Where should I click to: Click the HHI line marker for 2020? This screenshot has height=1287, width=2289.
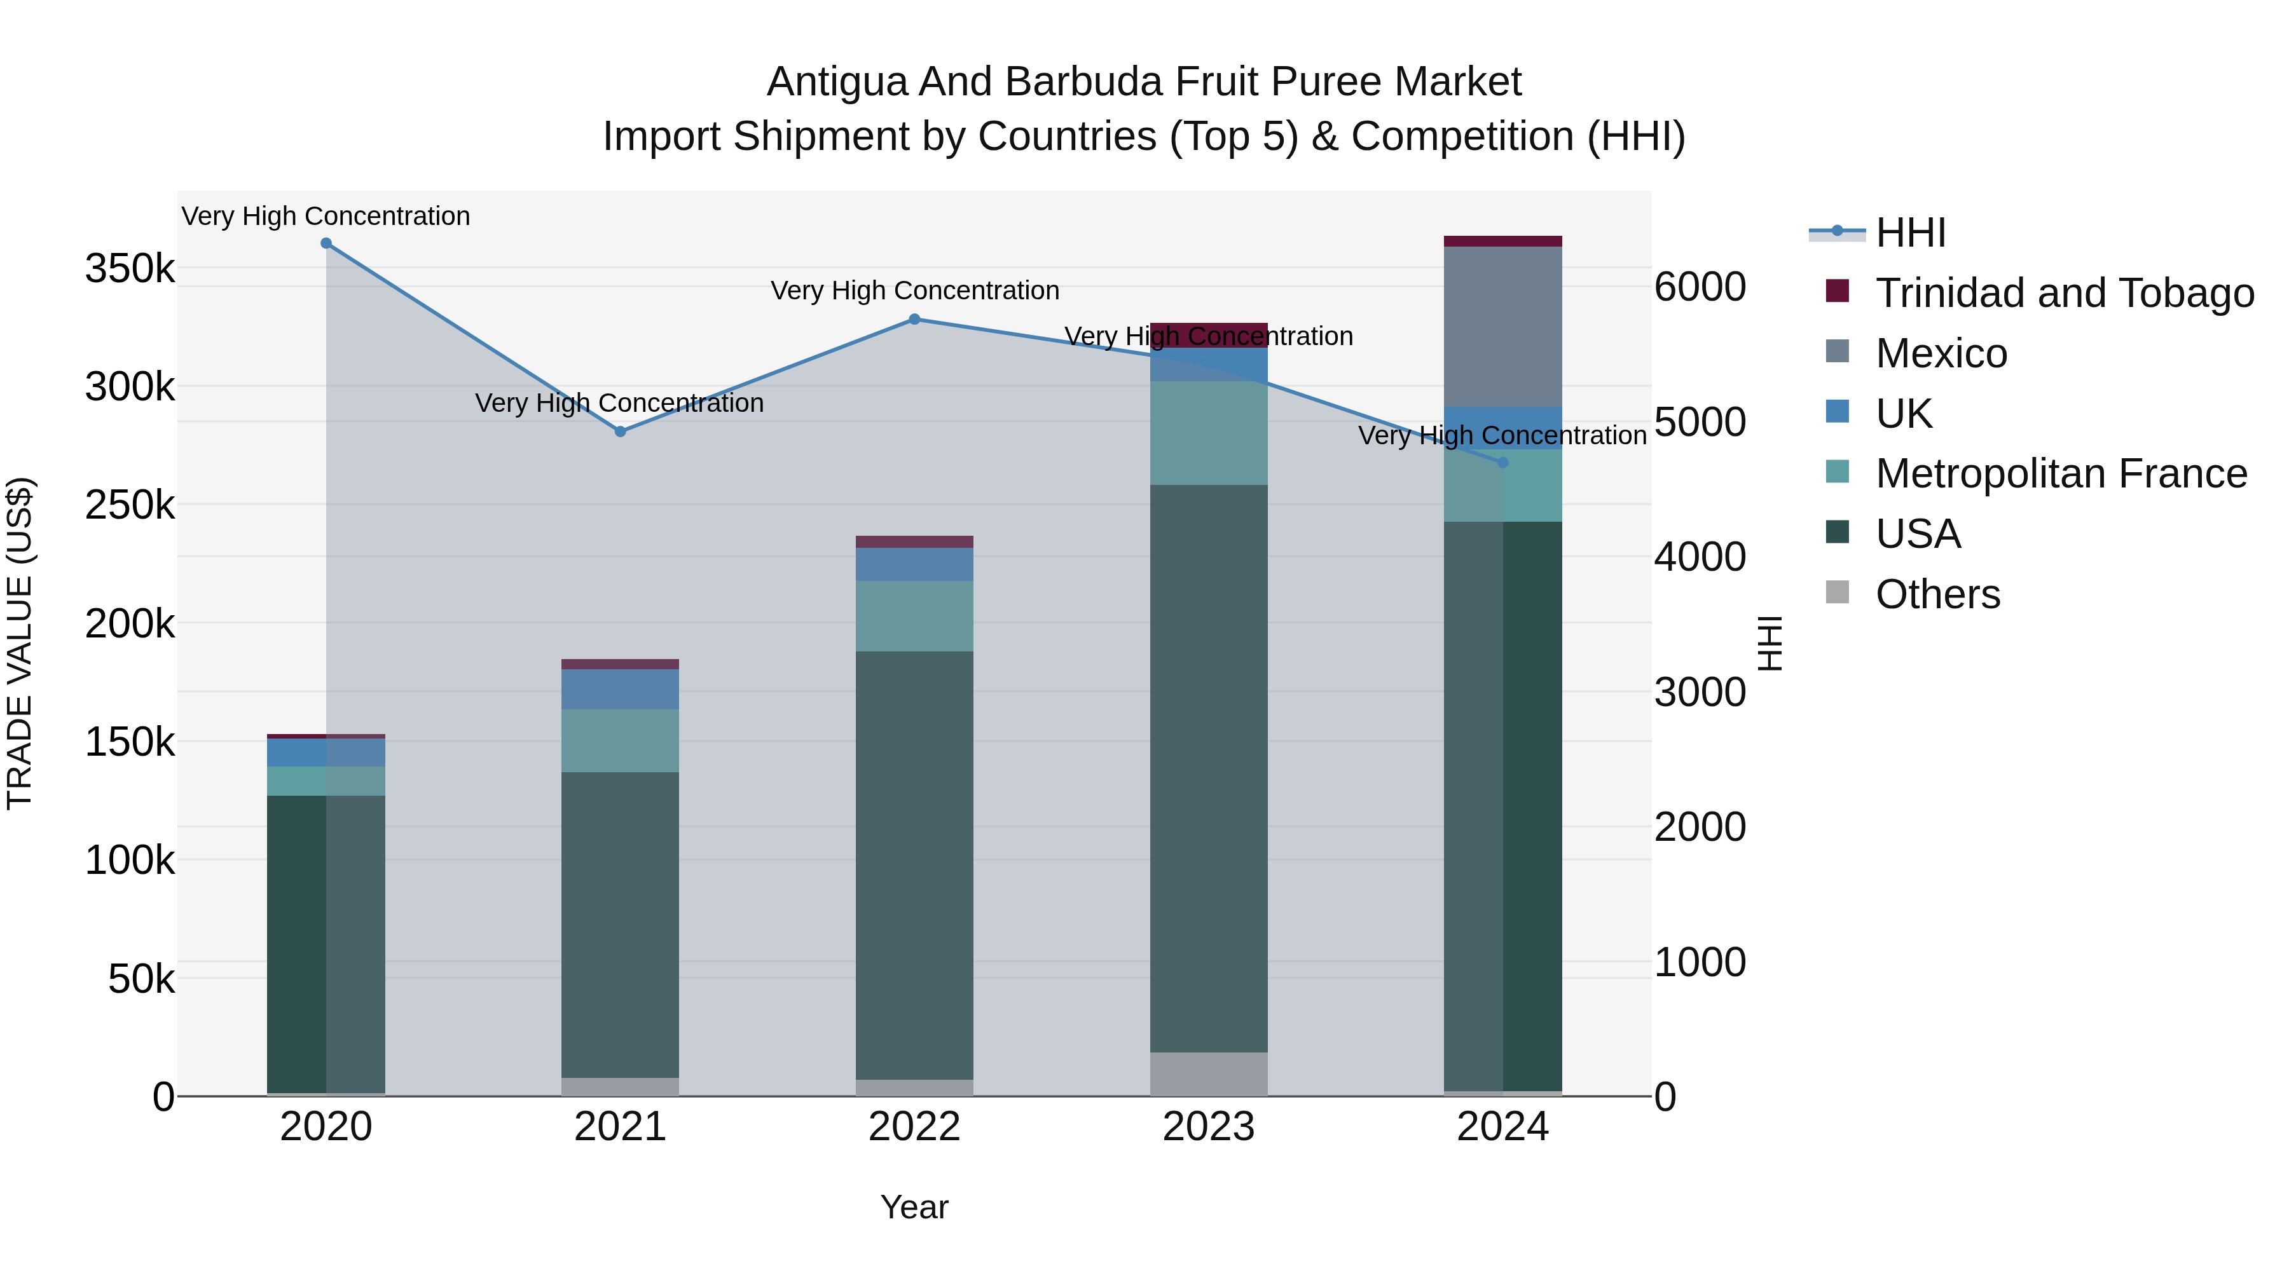pyautogui.click(x=326, y=243)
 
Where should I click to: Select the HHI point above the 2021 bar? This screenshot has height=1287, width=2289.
pyautogui.click(x=620, y=432)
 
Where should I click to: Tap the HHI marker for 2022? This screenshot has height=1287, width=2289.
pyautogui.click(x=914, y=319)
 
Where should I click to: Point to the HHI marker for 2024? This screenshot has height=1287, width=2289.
pyautogui.click(x=1502, y=463)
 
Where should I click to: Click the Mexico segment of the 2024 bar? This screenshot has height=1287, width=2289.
pyautogui.click(x=1502, y=327)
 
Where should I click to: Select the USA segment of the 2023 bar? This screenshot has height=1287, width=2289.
pyautogui.click(x=1209, y=768)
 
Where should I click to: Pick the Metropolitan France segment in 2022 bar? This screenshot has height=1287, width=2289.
pyautogui.click(x=914, y=616)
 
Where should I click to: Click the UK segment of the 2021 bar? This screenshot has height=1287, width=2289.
pyautogui.click(x=620, y=689)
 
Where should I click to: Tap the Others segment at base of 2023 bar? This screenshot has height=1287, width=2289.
pyautogui.click(x=1209, y=1074)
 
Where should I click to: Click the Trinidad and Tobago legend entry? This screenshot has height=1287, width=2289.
pyautogui.click(x=2064, y=293)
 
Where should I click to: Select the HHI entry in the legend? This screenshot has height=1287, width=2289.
pyautogui.click(x=1911, y=233)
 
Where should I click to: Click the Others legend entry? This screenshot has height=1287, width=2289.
pyautogui.click(x=1937, y=594)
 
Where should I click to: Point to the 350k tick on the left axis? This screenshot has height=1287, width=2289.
pyautogui.click(x=130, y=268)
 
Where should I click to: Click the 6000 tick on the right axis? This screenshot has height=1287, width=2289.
pyautogui.click(x=1699, y=287)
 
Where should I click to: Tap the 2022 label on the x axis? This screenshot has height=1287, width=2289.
pyautogui.click(x=914, y=1127)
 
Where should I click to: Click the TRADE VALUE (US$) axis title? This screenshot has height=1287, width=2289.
pyautogui.click(x=20, y=643)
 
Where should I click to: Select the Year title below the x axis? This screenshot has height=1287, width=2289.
pyautogui.click(x=914, y=1207)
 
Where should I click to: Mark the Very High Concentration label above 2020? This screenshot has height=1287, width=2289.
pyautogui.click(x=326, y=217)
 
